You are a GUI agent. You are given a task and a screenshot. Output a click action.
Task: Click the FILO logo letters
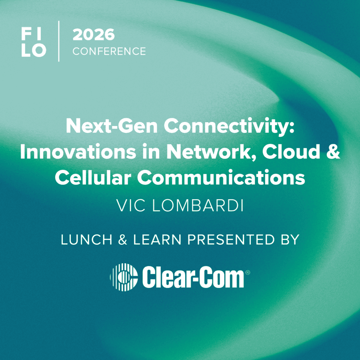(34, 42)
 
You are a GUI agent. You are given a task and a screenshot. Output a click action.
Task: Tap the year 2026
(94, 35)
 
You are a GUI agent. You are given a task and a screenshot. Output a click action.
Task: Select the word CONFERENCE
(109, 51)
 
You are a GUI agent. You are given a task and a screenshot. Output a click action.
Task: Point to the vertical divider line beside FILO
(59, 41)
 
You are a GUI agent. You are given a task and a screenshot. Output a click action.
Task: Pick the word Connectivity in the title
(229, 127)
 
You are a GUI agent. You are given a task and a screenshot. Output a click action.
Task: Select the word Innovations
(78, 151)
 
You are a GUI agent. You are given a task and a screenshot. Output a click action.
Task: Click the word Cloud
(291, 151)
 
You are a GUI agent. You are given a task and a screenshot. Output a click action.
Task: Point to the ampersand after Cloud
(333, 151)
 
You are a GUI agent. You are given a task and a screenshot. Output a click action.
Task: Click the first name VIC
(131, 206)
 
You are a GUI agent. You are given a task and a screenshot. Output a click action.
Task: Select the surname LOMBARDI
(198, 206)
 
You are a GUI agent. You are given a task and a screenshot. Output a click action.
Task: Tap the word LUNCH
(86, 240)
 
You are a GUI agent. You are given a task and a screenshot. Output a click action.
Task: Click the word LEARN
(158, 240)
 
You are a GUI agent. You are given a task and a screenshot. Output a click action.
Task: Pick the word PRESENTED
(231, 240)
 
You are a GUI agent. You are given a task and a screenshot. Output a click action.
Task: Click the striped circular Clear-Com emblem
(124, 277)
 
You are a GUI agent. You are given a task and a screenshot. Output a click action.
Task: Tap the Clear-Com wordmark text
(193, 277)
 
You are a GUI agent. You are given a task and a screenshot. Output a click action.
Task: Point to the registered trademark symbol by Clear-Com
(248, 272)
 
